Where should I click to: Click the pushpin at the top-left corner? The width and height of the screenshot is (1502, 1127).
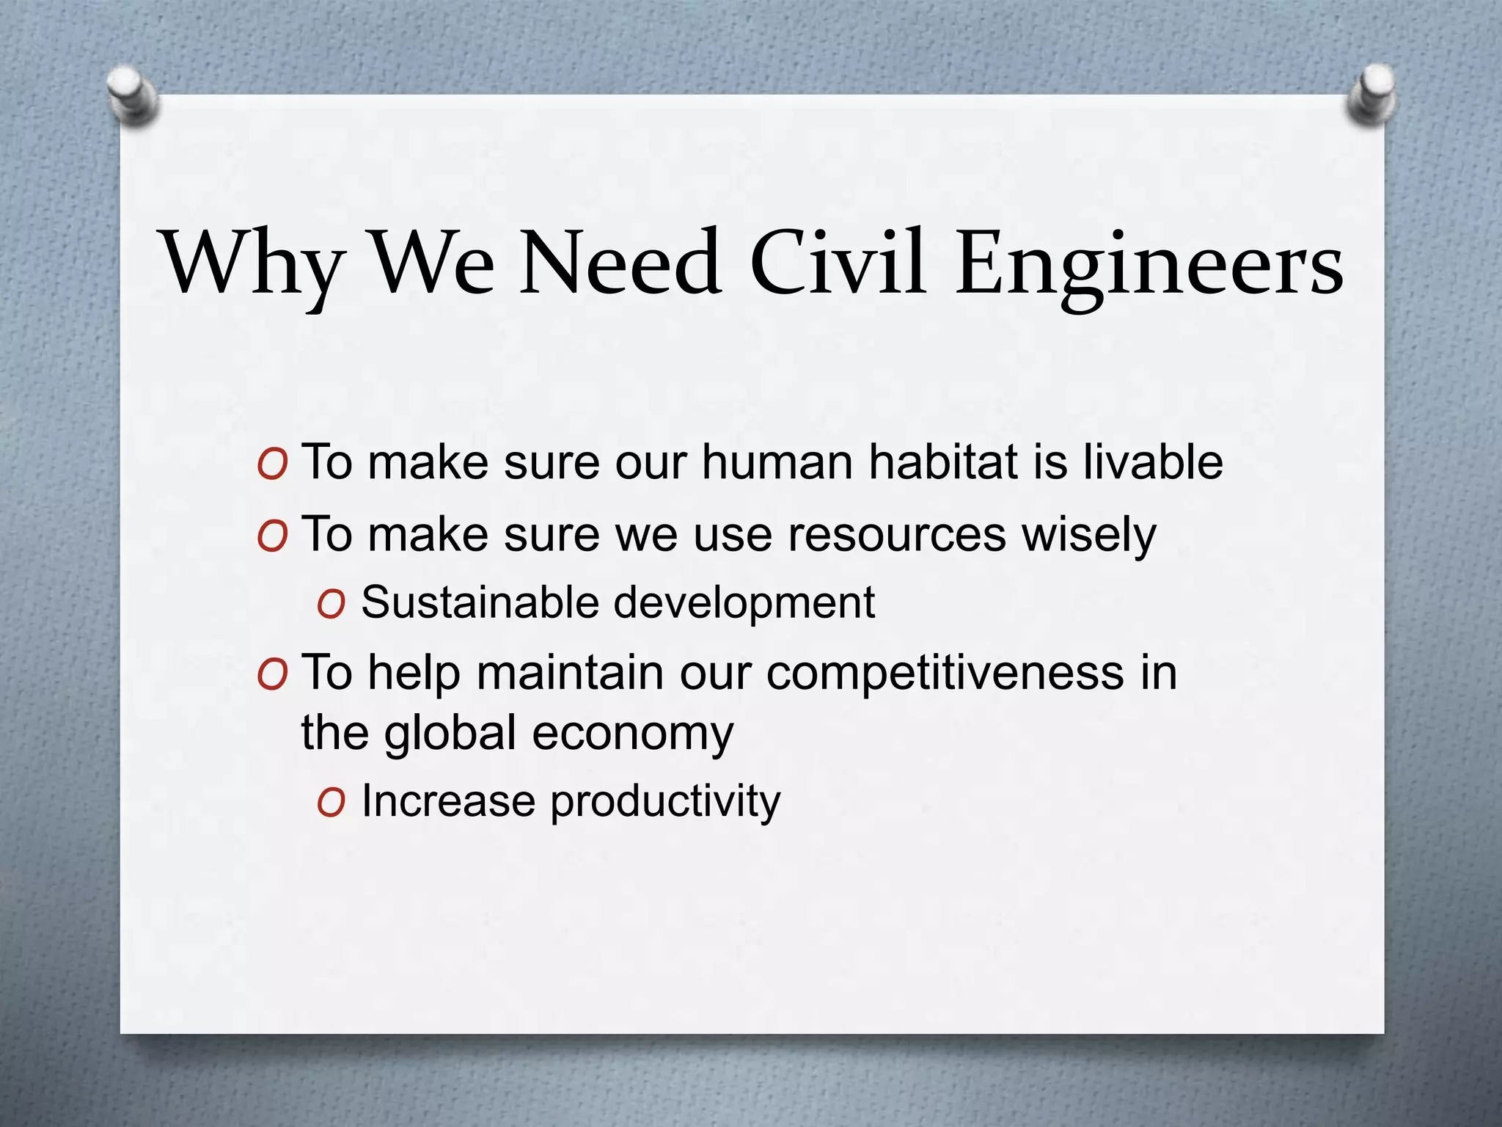click(132, 95)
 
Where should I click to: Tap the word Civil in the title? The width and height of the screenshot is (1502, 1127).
click(837, 263)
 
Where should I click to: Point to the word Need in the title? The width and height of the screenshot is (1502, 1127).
click(620, 263)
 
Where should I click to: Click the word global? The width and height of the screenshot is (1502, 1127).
click(450, 734)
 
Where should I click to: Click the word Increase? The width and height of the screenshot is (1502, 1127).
click(448, 800)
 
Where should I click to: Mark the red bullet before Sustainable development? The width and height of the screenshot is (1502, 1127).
click(331, 605)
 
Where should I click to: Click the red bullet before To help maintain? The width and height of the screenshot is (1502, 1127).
click(271, 674)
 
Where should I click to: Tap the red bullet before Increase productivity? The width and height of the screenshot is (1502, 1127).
click(331, 803)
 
